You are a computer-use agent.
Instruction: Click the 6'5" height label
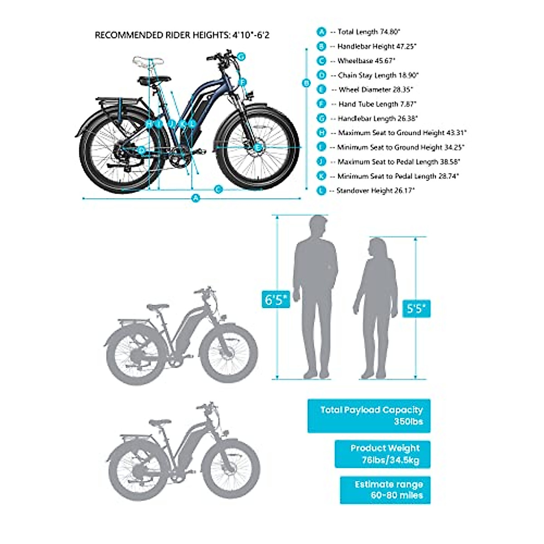click(275, 300)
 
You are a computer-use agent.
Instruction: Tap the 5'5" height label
click(416, 309)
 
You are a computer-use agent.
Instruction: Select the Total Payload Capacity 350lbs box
click(369, 416)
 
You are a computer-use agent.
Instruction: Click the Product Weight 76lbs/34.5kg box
click(383, 454)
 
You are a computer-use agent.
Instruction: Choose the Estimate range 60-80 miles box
click(385, 490)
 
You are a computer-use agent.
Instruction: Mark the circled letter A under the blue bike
click(195, 198)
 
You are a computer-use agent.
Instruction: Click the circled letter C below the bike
click(218, 189)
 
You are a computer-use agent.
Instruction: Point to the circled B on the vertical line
click(306, 83)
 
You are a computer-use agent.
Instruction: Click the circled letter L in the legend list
click(321, 191)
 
